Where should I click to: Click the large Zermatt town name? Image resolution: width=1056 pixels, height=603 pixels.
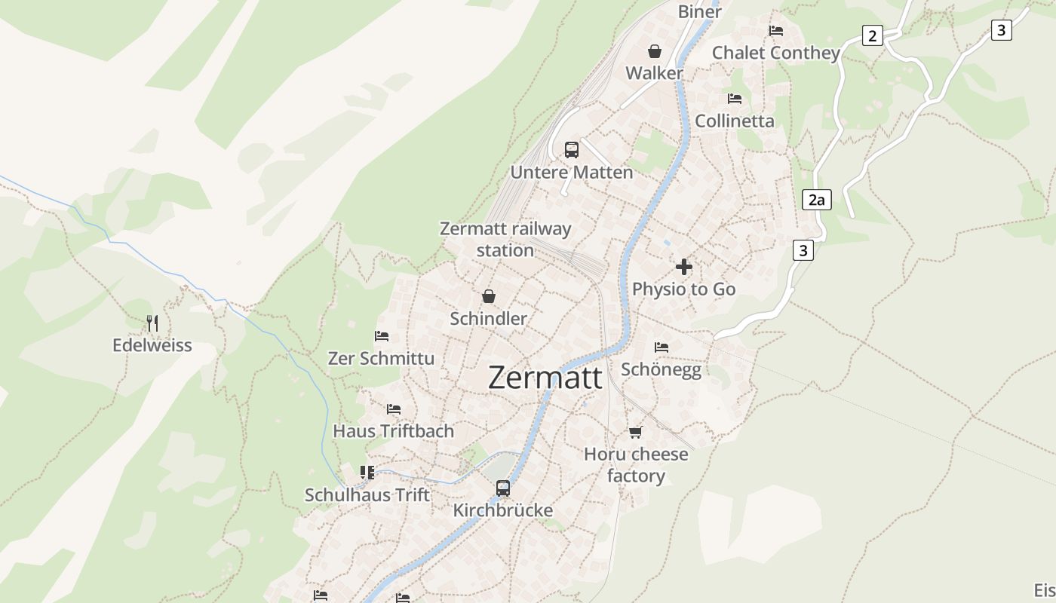pyautogui.click(x=545, y=377)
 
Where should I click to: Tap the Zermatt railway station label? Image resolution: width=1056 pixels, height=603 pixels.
pyautogui.click(x=505, y=239)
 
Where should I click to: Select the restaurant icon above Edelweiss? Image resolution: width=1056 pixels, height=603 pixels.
pyautogui.click(x=152, y=323)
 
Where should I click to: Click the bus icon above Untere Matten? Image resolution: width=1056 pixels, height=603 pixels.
pyautogui.click(x=572, y=149)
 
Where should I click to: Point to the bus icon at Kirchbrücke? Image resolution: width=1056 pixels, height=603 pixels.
pyautogui.click(x=503, y=488)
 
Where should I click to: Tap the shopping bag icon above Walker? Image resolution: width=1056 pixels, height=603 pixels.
pyautogui.click(x=655, y=51)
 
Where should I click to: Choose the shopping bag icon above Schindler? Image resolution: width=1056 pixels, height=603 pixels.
pyautogui.click(x=489, y=296)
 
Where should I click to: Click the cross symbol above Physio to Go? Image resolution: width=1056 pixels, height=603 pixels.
pyautogui.click(x=684, y=267)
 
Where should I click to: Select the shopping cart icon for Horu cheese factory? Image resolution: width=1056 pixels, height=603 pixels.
pyautogui.click(x=636, y=432)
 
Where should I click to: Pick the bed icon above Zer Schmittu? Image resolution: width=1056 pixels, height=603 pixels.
pyautogui.click(x=382, y=336)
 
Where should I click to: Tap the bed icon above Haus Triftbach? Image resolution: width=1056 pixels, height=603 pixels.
pyautogui.click(x=394, y=409)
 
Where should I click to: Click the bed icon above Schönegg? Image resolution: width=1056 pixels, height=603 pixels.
pyautogui.click(x=662, y=347)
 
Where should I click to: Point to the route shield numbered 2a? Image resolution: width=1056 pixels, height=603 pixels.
pyautogui.click(x=816, y=200)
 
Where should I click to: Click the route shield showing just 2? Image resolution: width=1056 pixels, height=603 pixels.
pyautogui.click(x=873, y=35)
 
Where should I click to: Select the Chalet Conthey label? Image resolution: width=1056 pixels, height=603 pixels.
pyautogui.click(x=776, y=53)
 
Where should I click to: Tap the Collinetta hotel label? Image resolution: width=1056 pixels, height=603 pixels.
pyautogui.click(x=735, y=121)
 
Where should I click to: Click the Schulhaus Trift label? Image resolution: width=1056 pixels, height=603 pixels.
pyautogui.click(x=367, y=495)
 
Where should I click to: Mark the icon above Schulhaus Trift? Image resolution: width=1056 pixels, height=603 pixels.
pyautogui.click(x=367, y=473)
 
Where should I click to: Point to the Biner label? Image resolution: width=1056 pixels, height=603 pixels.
pyautogui.click(x=700, y=11)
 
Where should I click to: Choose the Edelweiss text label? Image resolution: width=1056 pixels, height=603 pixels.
pyautogui.click(x=152, y=345)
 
